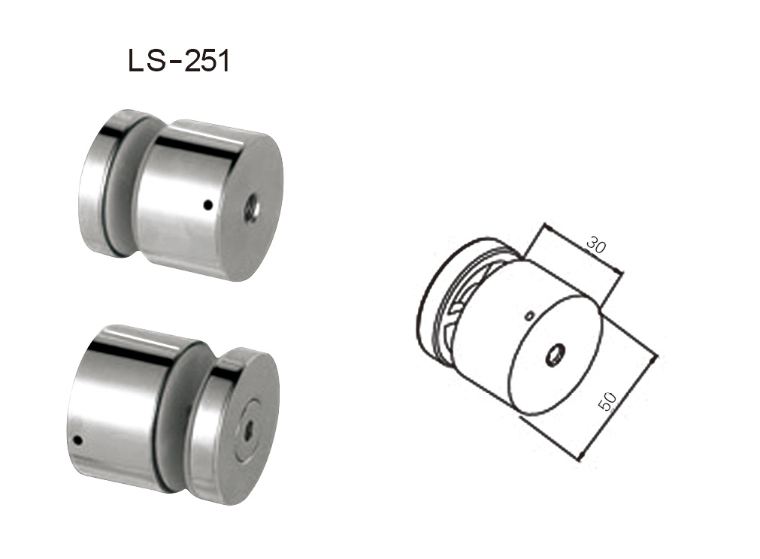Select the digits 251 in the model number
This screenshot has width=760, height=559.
coord(204,62)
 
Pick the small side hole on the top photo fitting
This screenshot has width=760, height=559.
coord(209,204)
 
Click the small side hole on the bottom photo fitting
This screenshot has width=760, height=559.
coord(77,441)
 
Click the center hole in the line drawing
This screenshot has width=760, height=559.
coord(556,352)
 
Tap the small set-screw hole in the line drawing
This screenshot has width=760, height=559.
coord(531,315)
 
